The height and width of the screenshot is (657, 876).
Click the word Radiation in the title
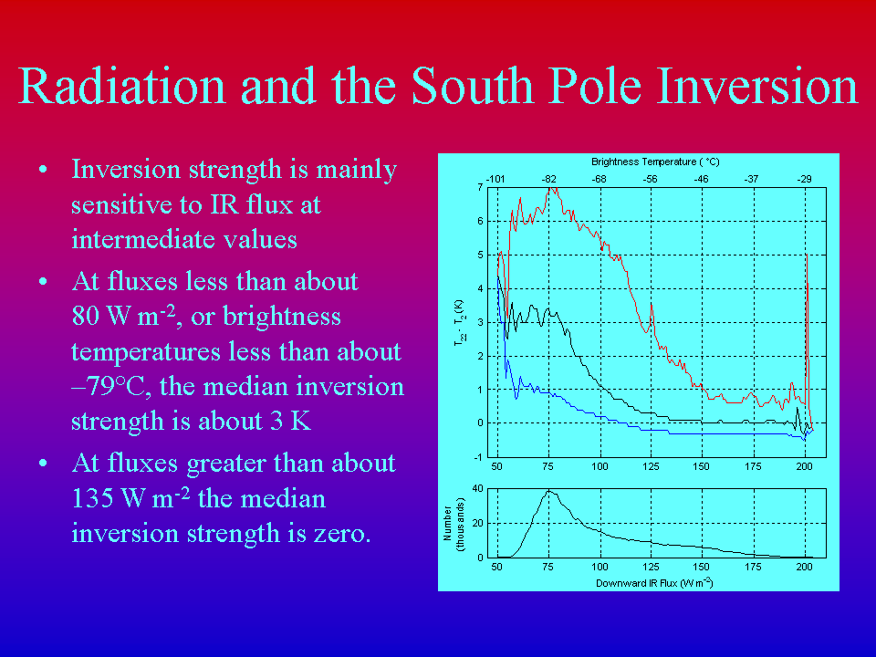click(121, 86)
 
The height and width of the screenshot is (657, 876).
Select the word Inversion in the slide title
click(757, 86)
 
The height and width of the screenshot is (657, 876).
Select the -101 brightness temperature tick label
click(495, 180)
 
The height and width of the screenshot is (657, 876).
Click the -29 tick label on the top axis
click(804, 180)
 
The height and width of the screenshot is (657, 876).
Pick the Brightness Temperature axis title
click(655, 162)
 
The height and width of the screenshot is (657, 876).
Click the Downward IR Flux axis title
click(654, 583)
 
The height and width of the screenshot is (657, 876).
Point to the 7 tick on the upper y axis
click(480, 187)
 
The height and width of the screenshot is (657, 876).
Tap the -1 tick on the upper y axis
click(478, 457)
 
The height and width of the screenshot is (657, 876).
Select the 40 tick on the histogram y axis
click(477, 488)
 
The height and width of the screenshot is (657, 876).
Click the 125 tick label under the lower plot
click(651, 567)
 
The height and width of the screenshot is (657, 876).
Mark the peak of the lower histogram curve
click(548, 491)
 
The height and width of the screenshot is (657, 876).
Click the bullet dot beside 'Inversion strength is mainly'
click(43, 170)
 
